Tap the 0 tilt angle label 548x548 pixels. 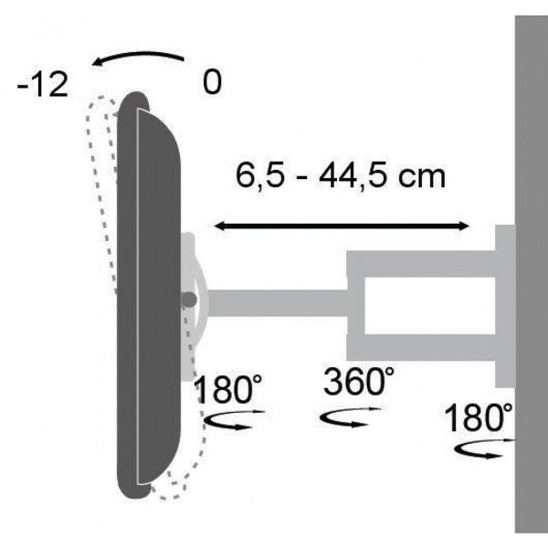coord(212,82)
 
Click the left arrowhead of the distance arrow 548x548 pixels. coord(220,225)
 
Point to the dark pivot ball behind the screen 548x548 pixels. coord(188,299)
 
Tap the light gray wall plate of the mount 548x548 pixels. coord(505,306)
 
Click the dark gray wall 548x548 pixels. coord(531,274)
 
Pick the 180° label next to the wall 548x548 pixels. coord(478,418)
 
